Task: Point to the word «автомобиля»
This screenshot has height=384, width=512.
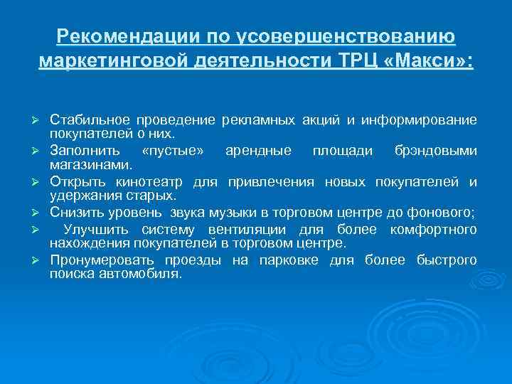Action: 147,273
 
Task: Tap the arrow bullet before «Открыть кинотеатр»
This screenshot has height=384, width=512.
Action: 42,183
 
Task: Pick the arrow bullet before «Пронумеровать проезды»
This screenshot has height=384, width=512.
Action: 42,261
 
